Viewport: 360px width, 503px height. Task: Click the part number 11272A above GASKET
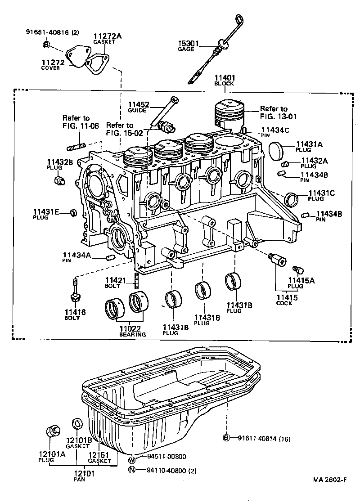tap(104, 36)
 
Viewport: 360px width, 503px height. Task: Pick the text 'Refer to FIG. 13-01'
tap(274, 112)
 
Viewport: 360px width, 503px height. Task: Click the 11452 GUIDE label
tap(138, 107)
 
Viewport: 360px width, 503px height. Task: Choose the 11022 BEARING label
tap(132, 331)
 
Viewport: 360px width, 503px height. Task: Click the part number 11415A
tap(301, 281)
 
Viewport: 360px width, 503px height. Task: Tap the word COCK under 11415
tap(284, 303)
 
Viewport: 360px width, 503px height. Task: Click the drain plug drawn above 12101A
tap(53, 430)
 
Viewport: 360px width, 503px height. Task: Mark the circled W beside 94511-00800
tap(132, 460)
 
